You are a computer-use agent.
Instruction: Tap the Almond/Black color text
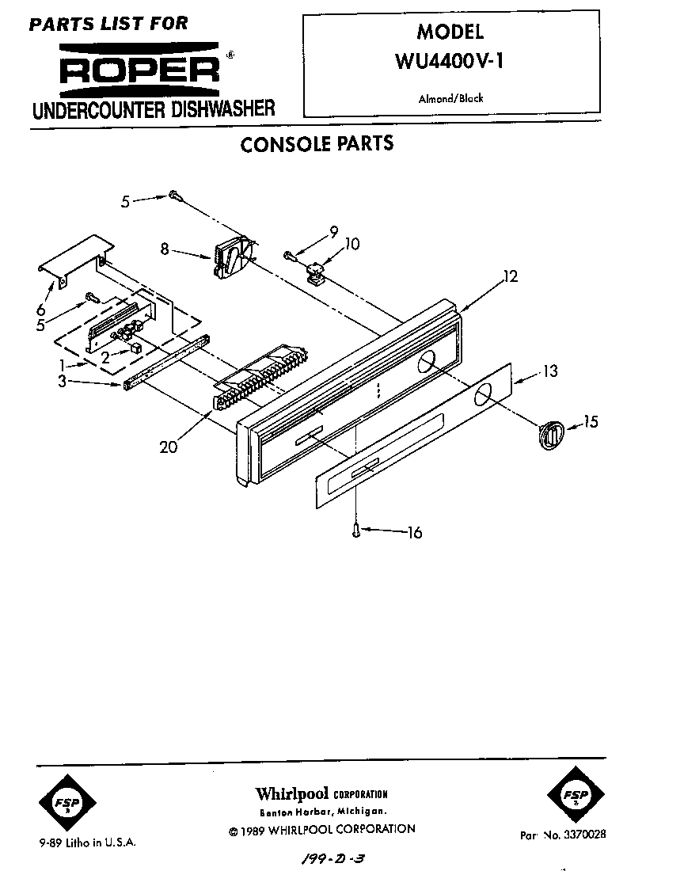pos(450,99)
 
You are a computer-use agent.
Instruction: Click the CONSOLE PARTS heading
pos(317,144)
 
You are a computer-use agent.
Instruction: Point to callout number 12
pos(510,276)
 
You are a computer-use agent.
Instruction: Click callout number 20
pos(168,447)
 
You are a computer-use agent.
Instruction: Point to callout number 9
pos(333,231)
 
